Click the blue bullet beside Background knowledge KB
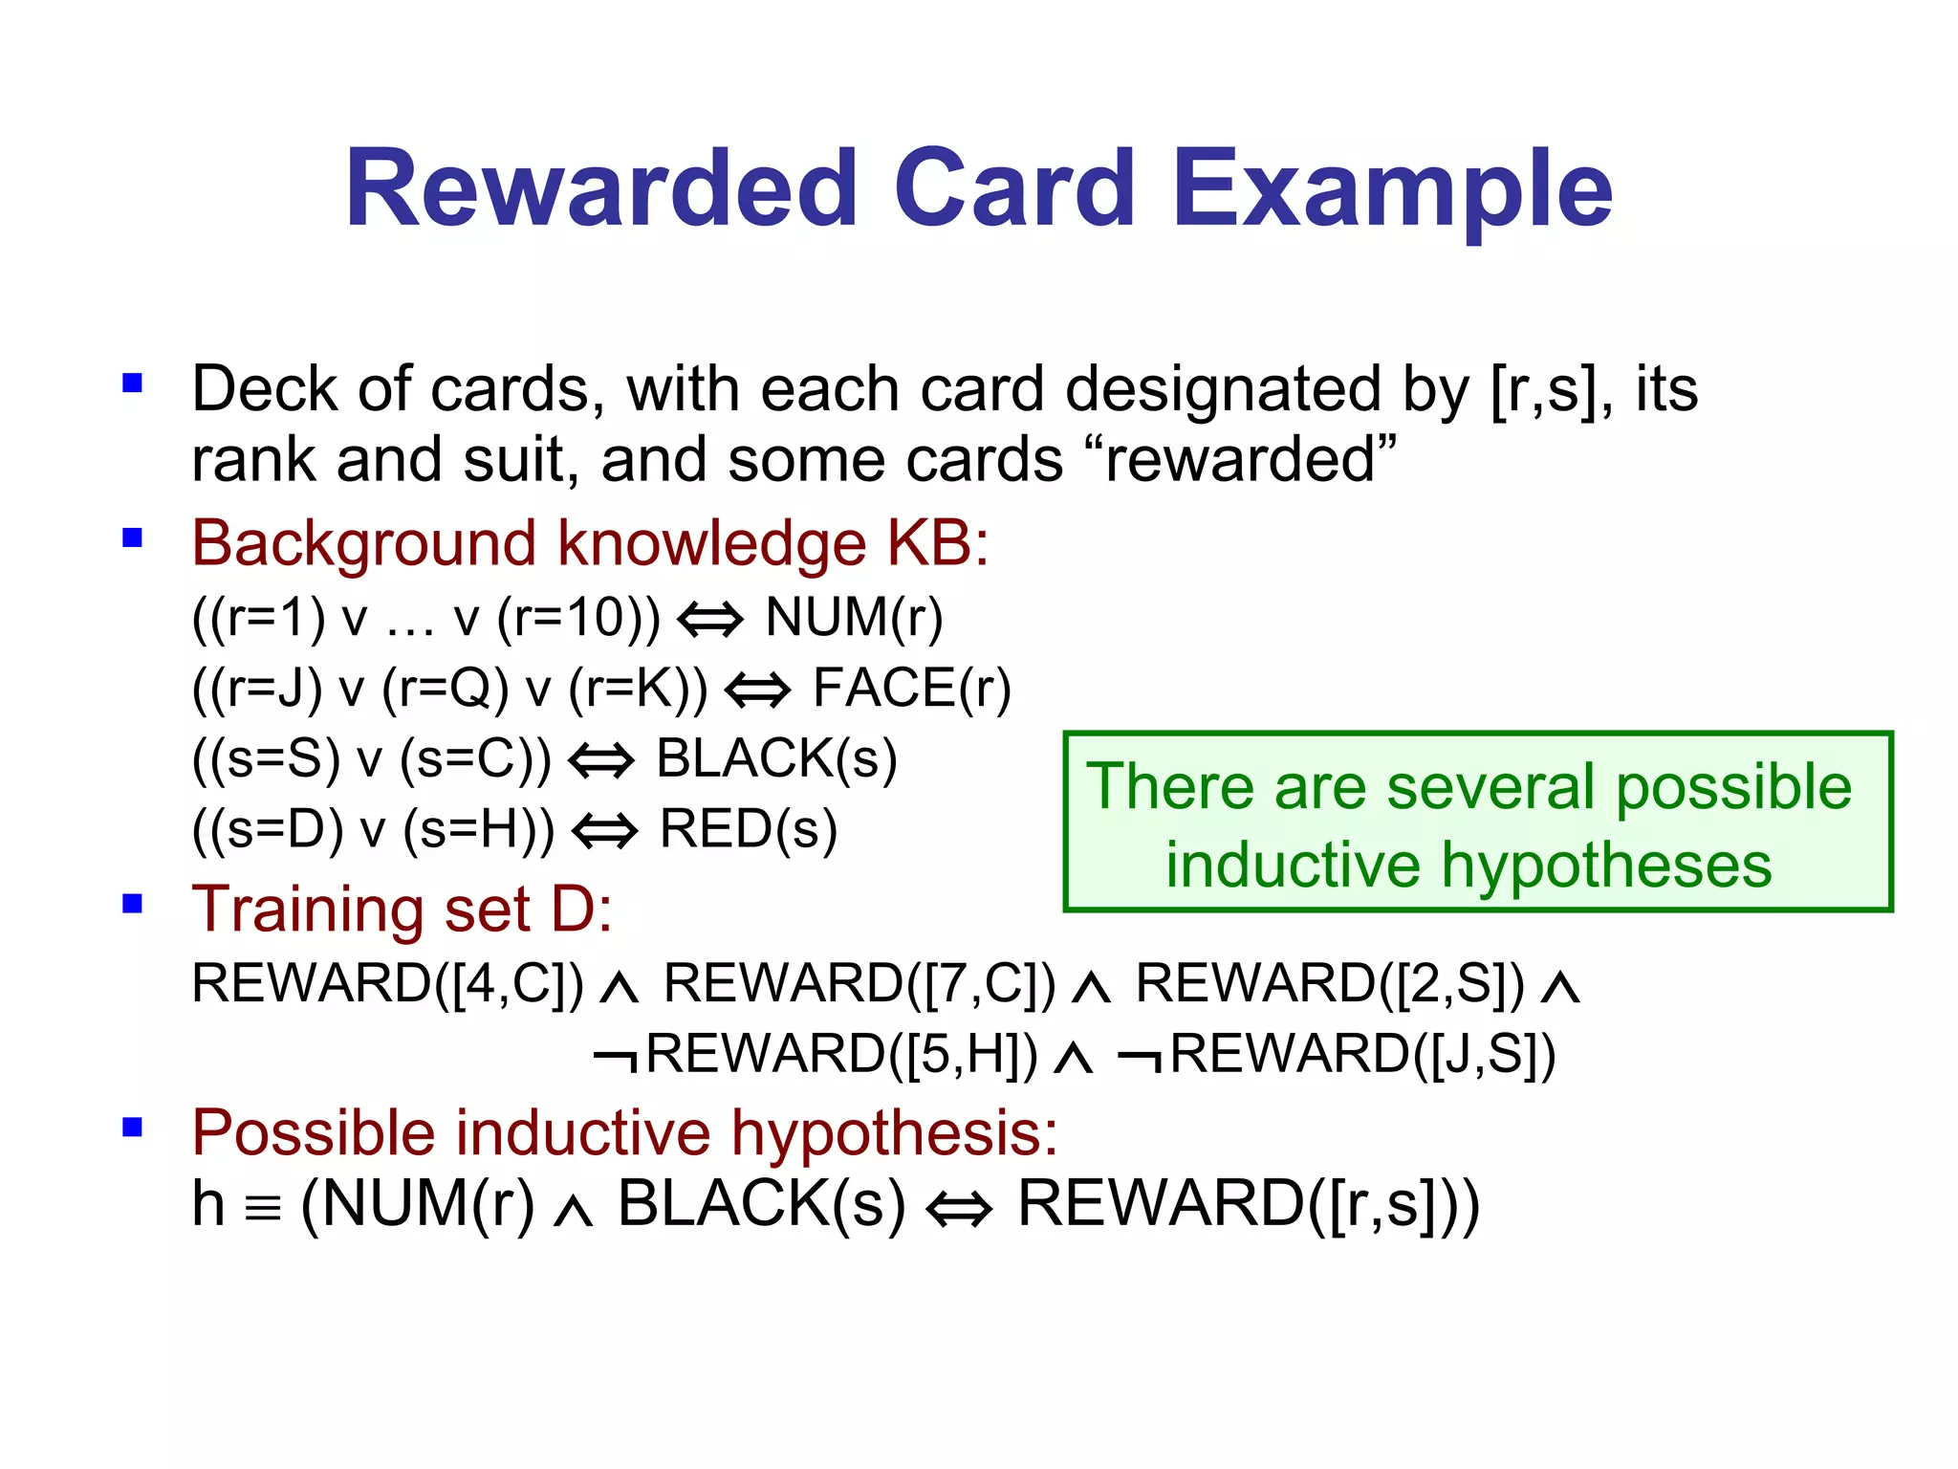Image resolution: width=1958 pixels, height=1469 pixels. pyautogui.click(x=132, y=537)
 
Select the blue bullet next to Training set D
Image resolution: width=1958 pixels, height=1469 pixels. pyautogui.click(x=132, y=904)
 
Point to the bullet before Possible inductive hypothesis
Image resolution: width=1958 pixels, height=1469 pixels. pyautogui.click(x=132, y=1128)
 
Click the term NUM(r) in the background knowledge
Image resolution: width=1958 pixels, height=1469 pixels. pyautogui.click(x=854, y=617)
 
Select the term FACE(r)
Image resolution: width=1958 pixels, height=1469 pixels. pyautogui.click(x=911, y=688)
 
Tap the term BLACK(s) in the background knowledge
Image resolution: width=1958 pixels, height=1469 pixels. pyautogui.click(x=776, y=758)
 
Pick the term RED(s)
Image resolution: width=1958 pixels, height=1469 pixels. pyautogui.click(x=748, y=828)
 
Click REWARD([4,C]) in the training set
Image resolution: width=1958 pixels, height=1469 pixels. pyautogui.click(x=387, y=983)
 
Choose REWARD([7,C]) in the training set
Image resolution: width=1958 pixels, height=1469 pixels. pyautogui.click(x=859, y=983)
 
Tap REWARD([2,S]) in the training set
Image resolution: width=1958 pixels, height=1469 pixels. pyautogui.click(x=1330, y=983)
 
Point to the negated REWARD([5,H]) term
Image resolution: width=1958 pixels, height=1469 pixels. pyautogui.click(x=816, y=1054)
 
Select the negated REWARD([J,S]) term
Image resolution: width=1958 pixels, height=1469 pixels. pyautogui.click(x=1337, y=1054)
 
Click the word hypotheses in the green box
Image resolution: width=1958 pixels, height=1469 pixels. pyautogui.click(x=1606, y=866)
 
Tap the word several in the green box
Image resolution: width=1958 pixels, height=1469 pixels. pyautogui.click(x=1492, y=787)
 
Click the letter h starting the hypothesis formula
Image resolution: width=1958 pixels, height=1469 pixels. pyautogui.click(x=208, y=1203)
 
